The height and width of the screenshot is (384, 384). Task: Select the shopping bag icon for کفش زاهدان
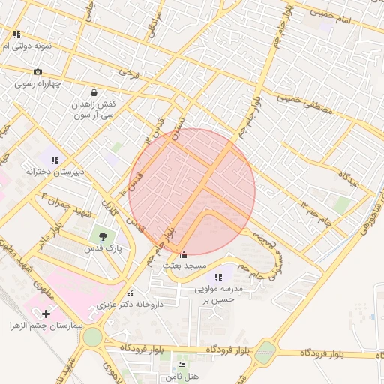[94, 93]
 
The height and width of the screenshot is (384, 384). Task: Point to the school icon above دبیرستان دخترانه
[54, 159]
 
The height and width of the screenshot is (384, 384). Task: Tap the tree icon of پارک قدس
[102, 237]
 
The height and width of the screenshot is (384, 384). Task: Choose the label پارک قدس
[102, 248]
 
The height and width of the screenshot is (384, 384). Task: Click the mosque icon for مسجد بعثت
[185, 254]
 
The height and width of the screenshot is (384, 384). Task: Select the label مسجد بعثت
[185, 266]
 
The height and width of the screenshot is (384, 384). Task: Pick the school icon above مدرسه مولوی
[219, 277]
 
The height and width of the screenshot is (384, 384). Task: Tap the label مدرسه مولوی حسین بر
[220, 294]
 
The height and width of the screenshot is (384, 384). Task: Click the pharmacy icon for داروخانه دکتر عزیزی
[130, 293]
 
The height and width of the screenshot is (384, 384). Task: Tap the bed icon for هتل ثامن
[181, 365]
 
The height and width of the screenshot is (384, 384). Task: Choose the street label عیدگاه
[351, 178]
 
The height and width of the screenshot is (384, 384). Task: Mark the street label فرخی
[129, 73]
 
